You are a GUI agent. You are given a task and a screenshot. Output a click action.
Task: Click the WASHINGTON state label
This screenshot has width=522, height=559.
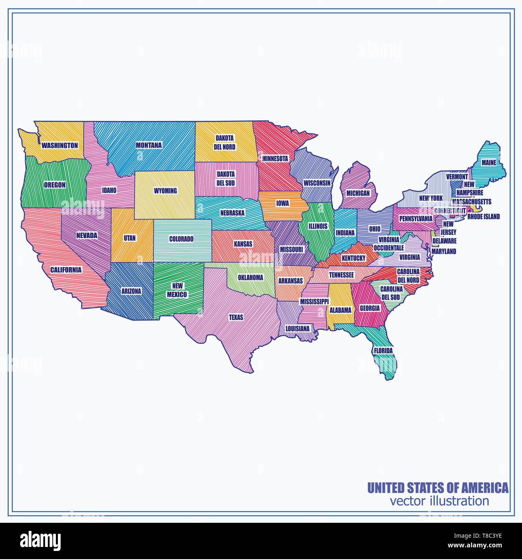click(60, 145)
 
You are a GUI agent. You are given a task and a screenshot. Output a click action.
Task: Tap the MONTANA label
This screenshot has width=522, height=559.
click(149, 145)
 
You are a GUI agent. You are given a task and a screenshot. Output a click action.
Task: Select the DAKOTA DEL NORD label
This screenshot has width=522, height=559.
click(224, 142)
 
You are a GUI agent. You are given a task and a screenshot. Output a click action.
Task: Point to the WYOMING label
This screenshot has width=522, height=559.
click(165, 191)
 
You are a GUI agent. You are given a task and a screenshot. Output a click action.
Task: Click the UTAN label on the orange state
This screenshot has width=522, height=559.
click(130, 238)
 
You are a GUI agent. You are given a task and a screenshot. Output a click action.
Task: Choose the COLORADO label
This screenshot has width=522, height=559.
click(181, 239)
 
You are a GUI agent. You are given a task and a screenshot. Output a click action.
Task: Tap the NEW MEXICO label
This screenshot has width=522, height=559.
click(177, 290)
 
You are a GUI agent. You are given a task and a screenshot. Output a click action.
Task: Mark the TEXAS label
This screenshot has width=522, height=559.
click(236, 317)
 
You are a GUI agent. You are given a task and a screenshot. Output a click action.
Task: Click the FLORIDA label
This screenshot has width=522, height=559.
click(383, 351)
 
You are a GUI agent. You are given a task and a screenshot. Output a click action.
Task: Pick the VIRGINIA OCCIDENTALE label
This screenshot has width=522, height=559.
click(388, 244)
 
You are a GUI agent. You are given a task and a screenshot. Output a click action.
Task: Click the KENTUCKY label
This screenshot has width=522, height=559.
click(353, 257)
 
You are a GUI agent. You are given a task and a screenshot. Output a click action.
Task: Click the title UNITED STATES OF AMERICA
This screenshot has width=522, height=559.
click(438, 488)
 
